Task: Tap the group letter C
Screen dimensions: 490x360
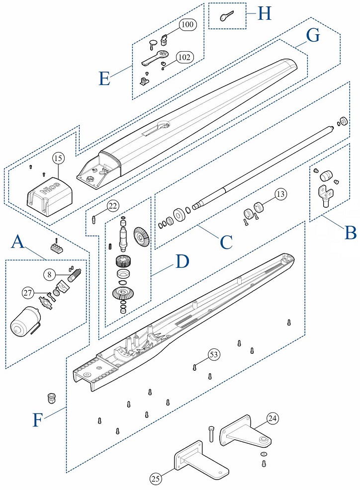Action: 226,243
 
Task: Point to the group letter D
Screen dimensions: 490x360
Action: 181,262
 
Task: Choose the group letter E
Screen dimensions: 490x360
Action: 104,78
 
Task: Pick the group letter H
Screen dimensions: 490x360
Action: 265,13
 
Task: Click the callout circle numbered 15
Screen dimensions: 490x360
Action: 58,159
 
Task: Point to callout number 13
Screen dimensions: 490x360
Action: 280,194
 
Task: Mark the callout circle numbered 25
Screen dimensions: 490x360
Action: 156,478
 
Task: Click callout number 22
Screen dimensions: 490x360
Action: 113,206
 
